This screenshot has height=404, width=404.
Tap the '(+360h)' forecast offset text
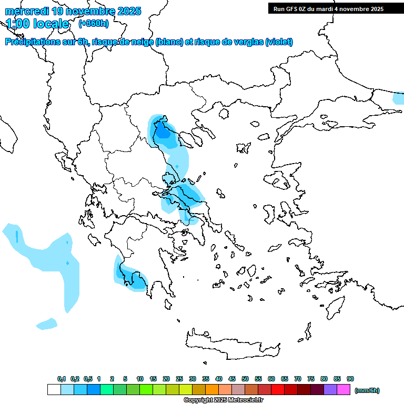point(94,24)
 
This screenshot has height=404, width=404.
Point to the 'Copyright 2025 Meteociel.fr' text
point(224,400)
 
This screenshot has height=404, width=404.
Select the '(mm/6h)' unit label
point(367,390)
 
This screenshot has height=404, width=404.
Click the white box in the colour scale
point(54,390)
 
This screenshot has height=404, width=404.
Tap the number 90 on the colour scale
point(350,379)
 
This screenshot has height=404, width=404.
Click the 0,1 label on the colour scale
point(62,379)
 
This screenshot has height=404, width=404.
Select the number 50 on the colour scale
point(245,379)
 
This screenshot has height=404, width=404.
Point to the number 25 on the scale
point(179,379)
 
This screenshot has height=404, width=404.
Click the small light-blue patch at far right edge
point(399,98)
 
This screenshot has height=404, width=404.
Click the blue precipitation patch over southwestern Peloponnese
point(129,274)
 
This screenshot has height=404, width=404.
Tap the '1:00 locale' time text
point(38,24)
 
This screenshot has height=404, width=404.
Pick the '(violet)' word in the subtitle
point(279,42)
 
